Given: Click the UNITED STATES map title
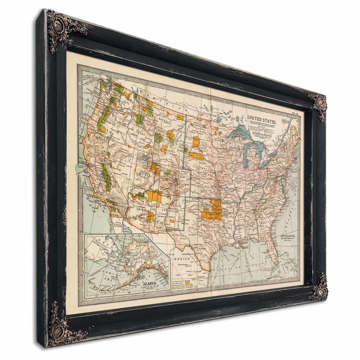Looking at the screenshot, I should tap(262, 118).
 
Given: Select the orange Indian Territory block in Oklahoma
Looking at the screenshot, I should tap(212, 211).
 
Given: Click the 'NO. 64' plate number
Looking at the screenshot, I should tap(295, 114).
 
